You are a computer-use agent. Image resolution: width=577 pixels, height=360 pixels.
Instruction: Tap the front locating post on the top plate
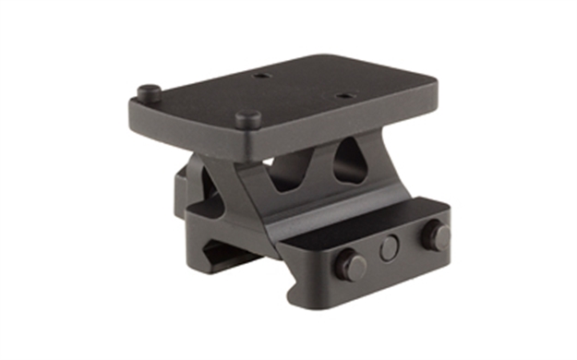point(246,117)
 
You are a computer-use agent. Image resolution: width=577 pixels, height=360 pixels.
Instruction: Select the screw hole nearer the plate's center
point(261,75)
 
